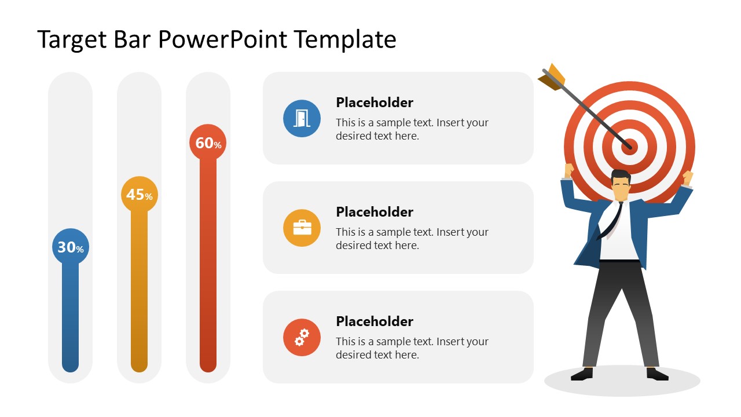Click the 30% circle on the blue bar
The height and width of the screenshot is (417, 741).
click(70, 247)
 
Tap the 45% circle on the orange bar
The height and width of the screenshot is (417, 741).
click(139, 195)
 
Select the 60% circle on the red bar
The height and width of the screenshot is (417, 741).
click(208, 142)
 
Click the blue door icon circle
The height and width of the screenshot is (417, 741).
click(302, 118)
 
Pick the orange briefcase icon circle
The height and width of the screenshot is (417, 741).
click(302, 228)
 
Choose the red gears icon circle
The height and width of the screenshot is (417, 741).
click(302, 337)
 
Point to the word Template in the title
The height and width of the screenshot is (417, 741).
click(345, 39)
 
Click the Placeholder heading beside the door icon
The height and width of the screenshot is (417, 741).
click(375, 103)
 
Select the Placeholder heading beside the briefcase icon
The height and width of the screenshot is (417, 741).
click(375, 212)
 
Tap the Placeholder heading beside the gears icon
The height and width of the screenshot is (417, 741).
click(375, 321)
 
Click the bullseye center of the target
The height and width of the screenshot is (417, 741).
click(630, 146)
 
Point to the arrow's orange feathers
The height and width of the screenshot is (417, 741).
click(552, 77)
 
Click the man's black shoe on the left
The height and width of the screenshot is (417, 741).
click(582, 375)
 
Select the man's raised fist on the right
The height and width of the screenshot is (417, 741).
click(688, 177)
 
